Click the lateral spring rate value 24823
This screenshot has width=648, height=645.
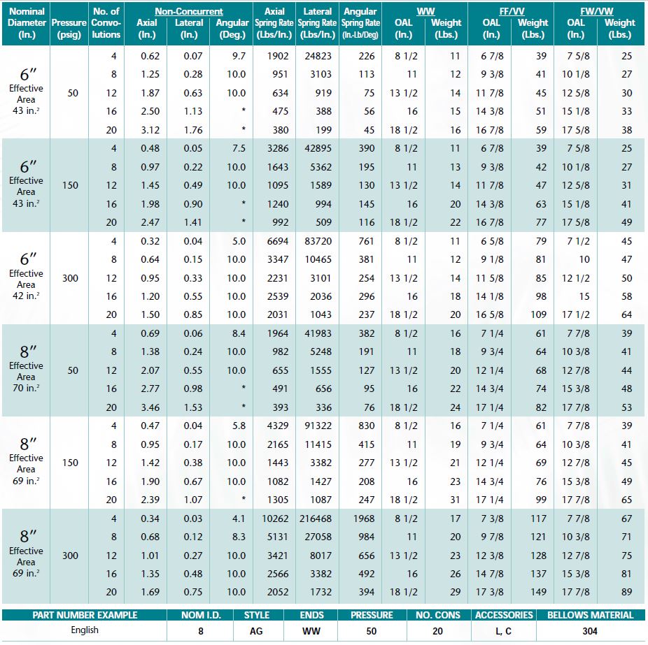318,56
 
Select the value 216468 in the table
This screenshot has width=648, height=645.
315,519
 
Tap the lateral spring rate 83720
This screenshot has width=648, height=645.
318,241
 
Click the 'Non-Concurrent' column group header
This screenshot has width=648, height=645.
189,11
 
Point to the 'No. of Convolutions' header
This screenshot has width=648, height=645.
106,22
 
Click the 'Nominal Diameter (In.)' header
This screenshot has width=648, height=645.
27,22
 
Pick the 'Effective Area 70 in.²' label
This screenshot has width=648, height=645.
27,377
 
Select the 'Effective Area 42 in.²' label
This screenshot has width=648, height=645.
27,284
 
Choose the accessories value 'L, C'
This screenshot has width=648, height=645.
503,631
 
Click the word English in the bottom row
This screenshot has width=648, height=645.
85,630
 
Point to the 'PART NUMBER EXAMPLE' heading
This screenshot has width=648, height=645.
85,616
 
